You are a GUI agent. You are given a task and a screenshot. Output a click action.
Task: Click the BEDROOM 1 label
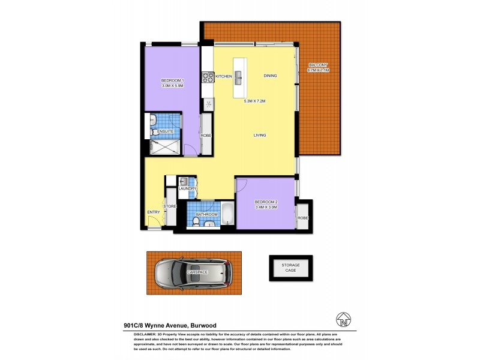click(x=172, y=81)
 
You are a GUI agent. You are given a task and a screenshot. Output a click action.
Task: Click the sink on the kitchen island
click(x=238, y=76)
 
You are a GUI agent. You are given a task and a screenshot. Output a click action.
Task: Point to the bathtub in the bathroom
click(x=228, y=214)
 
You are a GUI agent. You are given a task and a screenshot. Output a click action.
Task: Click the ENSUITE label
click(x=165, y=131)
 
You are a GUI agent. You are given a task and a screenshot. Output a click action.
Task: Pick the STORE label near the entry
click(x=170, y=206)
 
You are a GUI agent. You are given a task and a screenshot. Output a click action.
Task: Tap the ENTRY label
click(x=154, y=212)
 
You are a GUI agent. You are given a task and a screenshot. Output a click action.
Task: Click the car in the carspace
click(x=193, y=273)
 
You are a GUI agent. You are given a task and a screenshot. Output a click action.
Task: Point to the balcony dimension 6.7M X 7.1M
click(x=319, y=70)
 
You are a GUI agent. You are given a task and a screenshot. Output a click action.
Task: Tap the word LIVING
click(x=259, y=135)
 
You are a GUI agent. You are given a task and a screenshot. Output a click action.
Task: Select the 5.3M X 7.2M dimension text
click(x=254, y=101)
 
